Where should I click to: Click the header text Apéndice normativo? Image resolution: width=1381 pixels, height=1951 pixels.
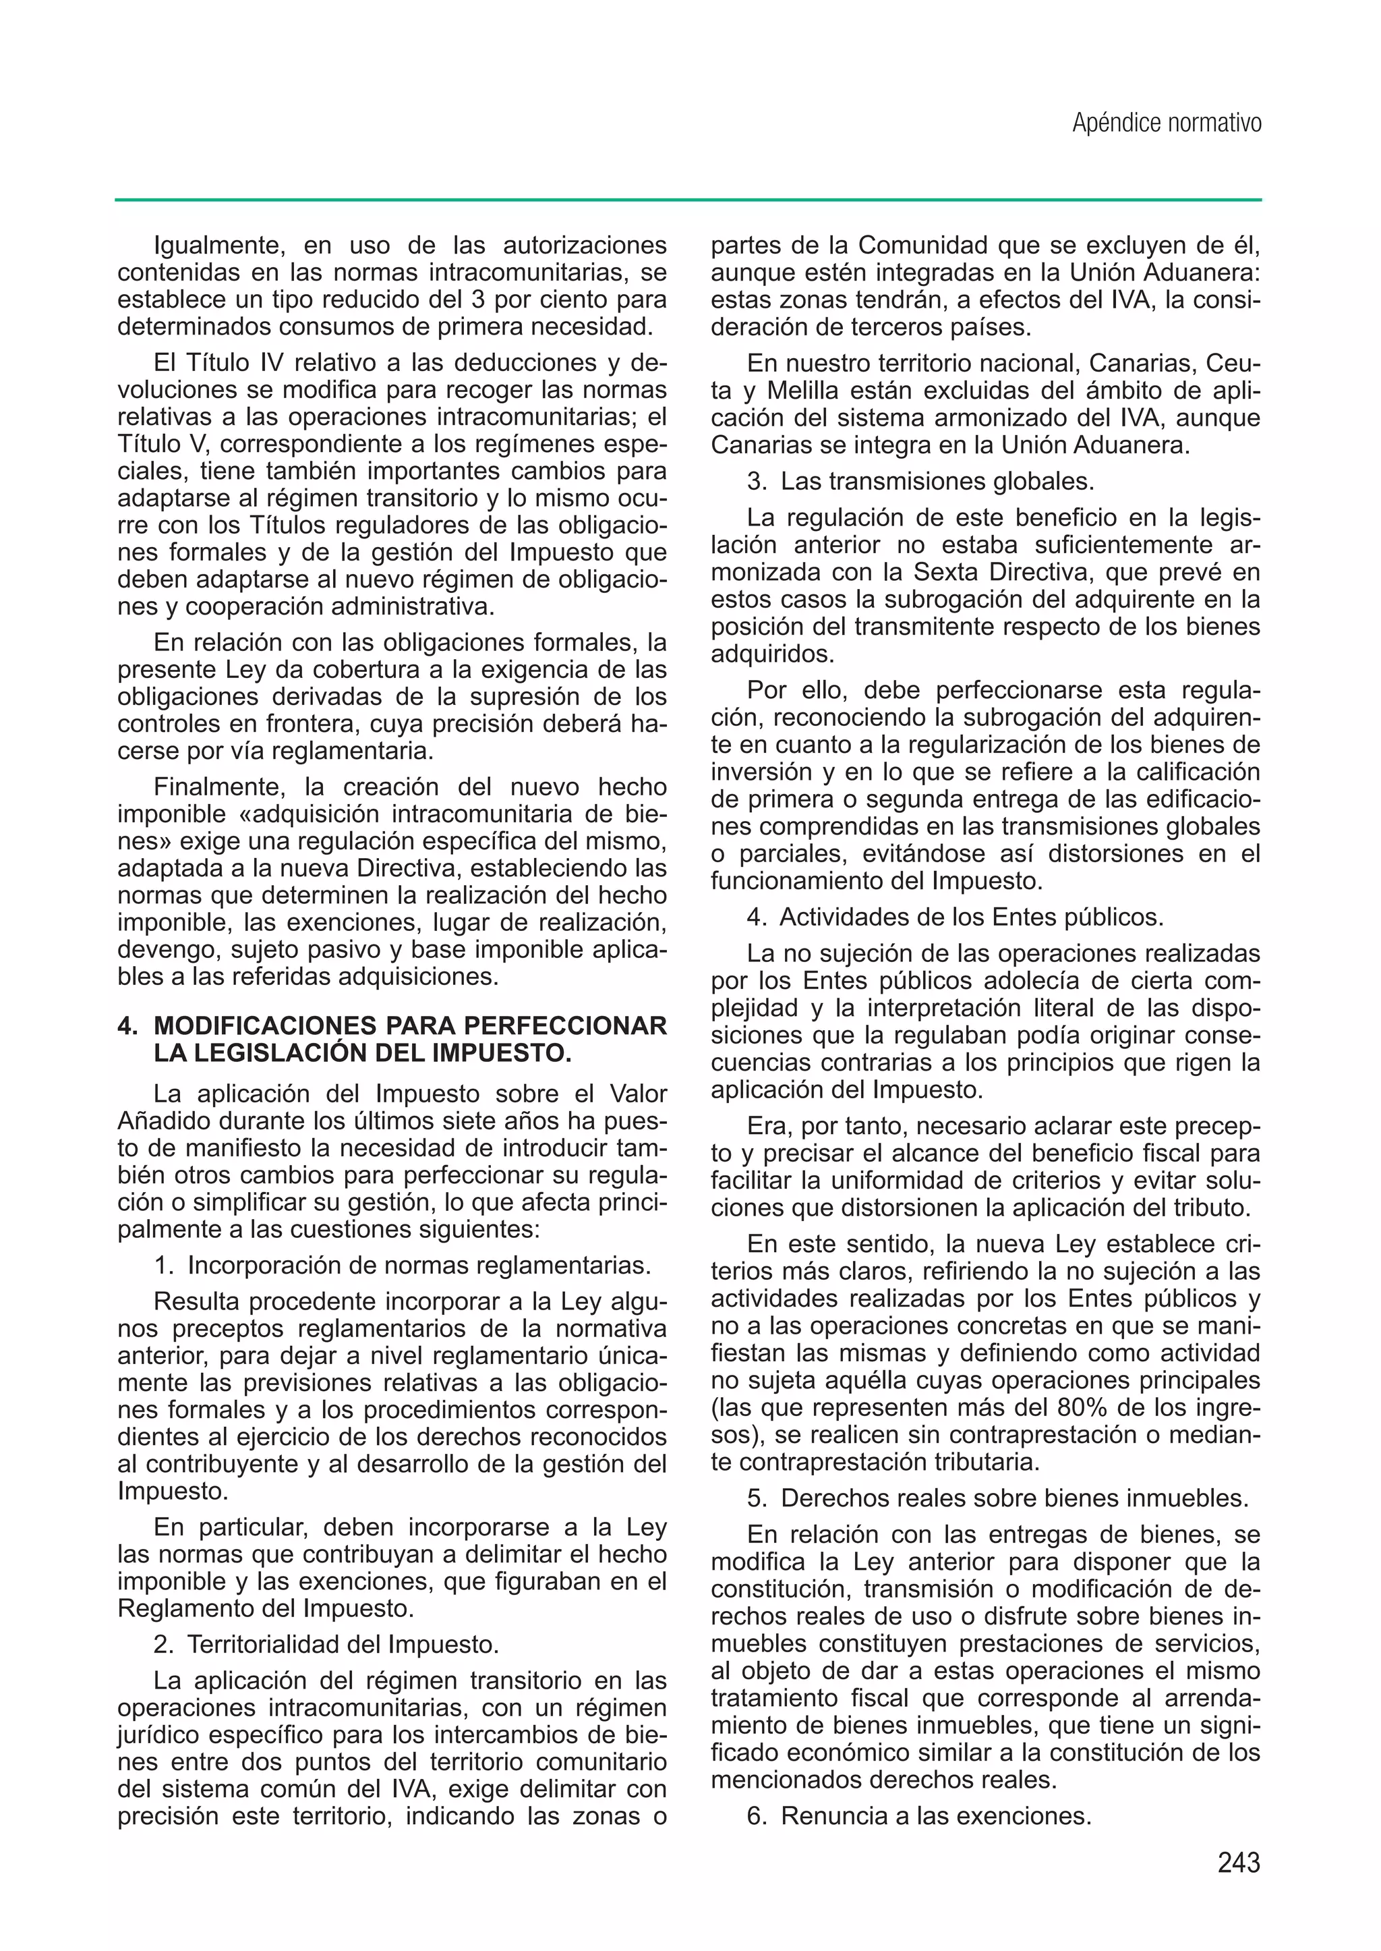pos(1166,123)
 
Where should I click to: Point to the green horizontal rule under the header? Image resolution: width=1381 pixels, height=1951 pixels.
pos(688,201)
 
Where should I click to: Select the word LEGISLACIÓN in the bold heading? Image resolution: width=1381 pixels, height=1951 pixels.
pos(281,1053)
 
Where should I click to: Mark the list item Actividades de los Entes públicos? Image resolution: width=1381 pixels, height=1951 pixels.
pos(970,917)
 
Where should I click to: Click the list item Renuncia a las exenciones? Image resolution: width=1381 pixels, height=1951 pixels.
pos(935,1815)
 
